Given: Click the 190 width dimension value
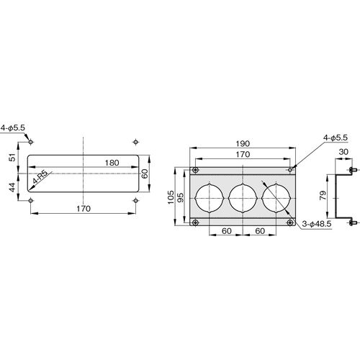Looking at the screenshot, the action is pos(243,143).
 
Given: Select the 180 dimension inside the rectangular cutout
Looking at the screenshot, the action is pos(112,163).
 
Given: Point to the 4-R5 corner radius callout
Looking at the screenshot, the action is pos(40,178).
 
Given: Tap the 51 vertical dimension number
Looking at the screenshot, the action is pos(12,157).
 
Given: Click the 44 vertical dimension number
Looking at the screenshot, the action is pos(12,187).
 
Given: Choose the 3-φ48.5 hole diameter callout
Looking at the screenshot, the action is pos(317,224).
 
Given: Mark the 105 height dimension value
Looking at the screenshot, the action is pos(171,197).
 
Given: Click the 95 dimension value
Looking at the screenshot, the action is pos(180,197).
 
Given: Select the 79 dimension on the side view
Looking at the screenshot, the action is pos(323,195).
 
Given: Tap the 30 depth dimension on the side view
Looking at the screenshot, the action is pos(343,152).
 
